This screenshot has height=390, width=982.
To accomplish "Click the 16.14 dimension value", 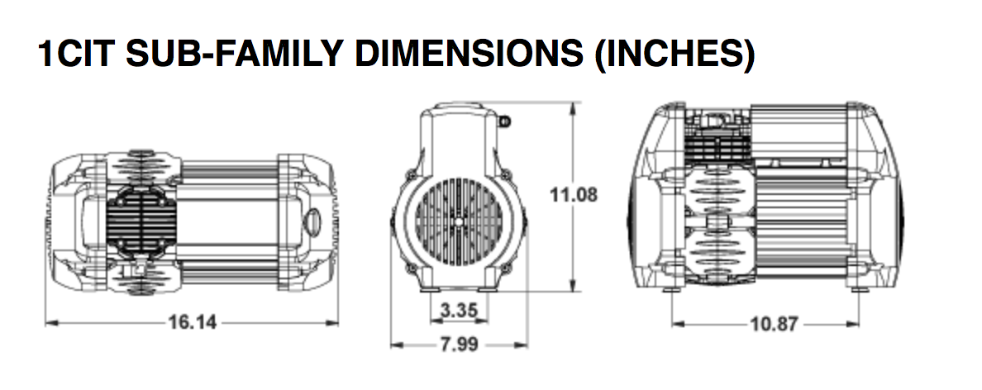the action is pos(193,322).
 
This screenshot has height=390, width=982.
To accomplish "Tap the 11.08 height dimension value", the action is pos(574,195).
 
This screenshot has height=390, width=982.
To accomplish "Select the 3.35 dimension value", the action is pos(459,310).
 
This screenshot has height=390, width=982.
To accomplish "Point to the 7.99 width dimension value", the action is pos(459,345).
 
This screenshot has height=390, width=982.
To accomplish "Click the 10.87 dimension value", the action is pos(775,324).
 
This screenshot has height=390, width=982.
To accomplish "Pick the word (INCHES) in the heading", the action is pos(675,55).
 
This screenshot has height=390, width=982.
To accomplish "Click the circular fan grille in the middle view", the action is pos(460,221).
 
